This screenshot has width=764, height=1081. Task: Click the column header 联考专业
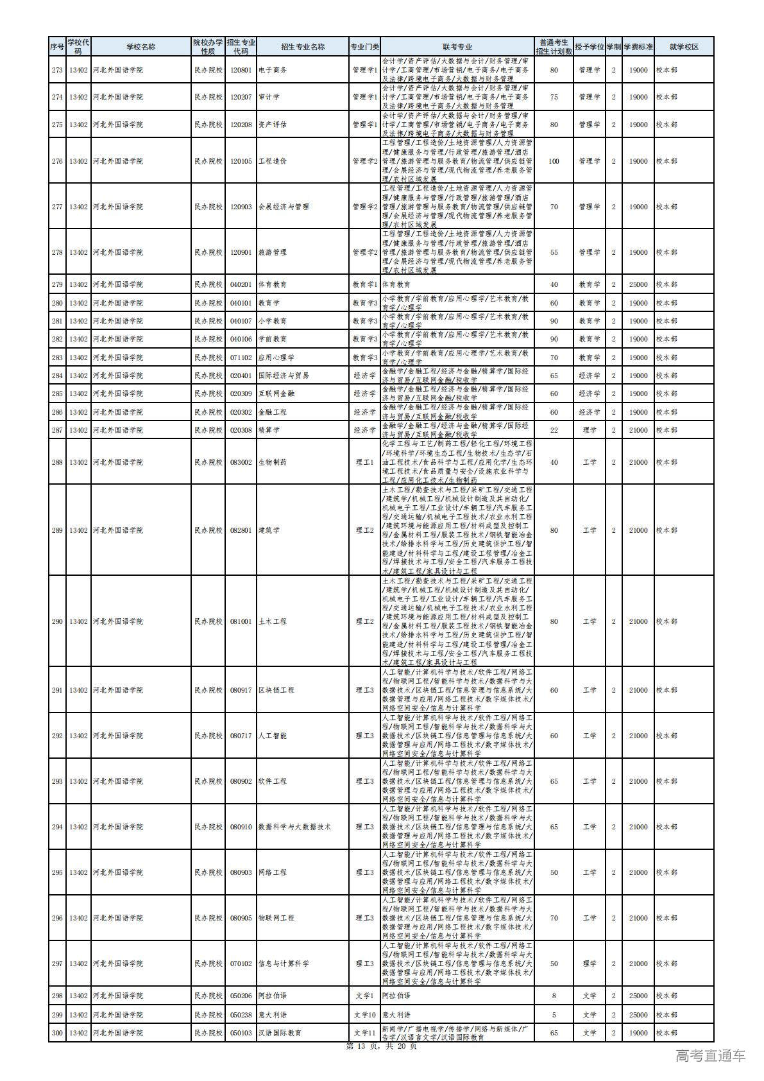[457, 47]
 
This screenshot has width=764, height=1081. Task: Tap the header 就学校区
[683, 47]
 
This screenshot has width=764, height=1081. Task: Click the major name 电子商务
[272, 70]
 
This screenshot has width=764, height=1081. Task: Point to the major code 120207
[241, 97]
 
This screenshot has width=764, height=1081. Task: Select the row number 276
[57, 161]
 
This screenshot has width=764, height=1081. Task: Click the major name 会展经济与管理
[283, 207]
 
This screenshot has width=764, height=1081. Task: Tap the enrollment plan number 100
[554, 161]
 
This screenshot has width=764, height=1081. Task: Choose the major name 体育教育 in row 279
[272, 284]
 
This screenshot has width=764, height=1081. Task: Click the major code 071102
[241, 358]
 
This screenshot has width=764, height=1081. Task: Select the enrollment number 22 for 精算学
[554, 430]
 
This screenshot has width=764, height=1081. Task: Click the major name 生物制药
[272, 462]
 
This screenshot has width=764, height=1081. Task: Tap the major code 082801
[241, 530]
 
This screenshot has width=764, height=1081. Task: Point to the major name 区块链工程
[276, 690]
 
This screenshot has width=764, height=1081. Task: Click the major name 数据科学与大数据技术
[294, 827]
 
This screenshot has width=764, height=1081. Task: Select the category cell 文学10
[364, 1015]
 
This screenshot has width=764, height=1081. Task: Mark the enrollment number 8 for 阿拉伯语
[554, 996]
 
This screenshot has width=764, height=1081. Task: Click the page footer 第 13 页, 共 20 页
[381, 1046]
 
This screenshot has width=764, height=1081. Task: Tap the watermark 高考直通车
[711, 1056]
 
